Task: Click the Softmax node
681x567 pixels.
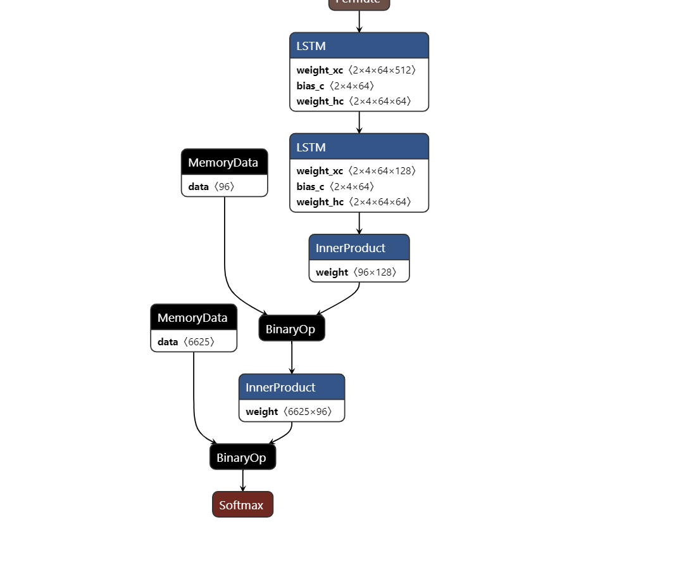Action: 242,505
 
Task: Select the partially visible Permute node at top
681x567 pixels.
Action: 359,4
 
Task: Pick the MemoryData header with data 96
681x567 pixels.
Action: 224,162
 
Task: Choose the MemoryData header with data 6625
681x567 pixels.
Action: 193,317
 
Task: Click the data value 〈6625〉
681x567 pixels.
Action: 199,342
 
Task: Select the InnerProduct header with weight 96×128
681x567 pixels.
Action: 359,248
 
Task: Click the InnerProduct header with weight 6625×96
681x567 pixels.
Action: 291,387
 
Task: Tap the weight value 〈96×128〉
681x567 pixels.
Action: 375,272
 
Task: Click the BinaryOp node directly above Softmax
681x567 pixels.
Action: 242,457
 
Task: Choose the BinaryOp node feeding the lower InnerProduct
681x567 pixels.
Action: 291,329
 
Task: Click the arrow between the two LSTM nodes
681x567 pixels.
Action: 359,122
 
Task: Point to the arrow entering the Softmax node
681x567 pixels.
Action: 242,481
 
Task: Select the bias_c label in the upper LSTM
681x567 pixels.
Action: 310,86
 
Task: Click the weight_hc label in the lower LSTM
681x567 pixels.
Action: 320,202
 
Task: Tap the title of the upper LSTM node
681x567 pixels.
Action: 311,46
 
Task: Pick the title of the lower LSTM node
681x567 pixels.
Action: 311,147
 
